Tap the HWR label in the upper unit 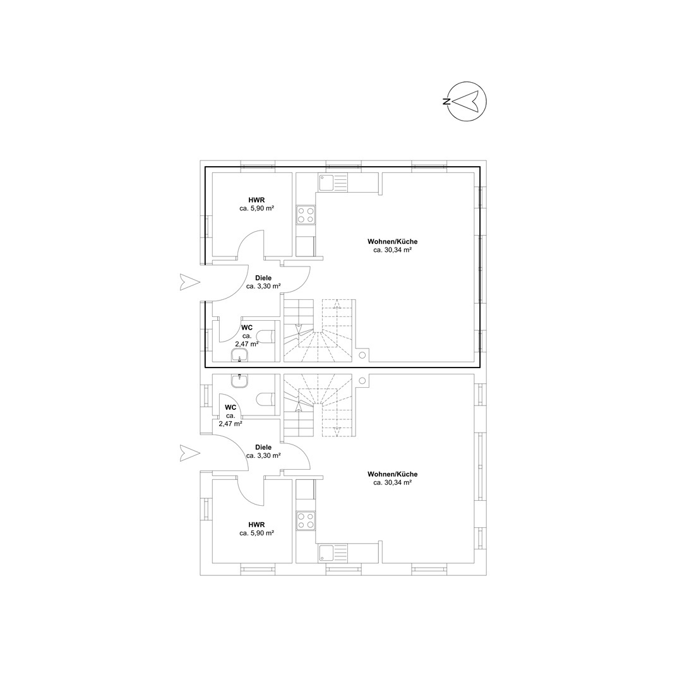pyautogui.click(x=256, y=200)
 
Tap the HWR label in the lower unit pyautogui.click(x=256, y=525)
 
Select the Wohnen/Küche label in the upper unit pyautogui.click(x=392, y=241)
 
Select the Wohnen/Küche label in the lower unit pyautogui.click(x=392, y=474)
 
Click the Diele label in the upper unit pyautogui.click(x=263, y=278)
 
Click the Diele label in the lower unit pyautogui.click(x=263, y=447)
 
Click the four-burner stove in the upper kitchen pyautogui.click(x=306, y=215)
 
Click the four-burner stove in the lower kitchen pyautogui.click(x=306, y=522)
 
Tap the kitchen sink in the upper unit pyautogui.click(x=333, y=182)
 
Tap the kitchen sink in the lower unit pyautogui.click(x=333, y=553)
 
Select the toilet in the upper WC pyautogui.click(x=266, y=336)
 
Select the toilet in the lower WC pyautogui.click(x=266, y=399)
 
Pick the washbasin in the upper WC pyautogui.click(x=239, y=356)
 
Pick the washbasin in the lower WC pyautogui.click(x=239, y=381)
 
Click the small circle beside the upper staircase pyautogui.click(x=362, y=355)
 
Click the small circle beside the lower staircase pyautogui.click(x=362, y=381)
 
